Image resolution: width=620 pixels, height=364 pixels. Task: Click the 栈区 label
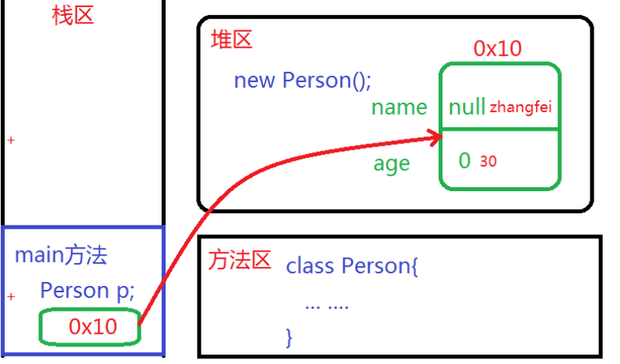(x=72, y=15)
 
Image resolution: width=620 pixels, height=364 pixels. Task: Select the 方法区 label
(x=240, y=260)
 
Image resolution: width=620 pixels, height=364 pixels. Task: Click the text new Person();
(x=302, y=80)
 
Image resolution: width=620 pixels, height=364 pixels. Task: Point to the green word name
(x=399, y=108)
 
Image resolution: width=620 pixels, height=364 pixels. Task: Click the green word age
(x=392, y=163)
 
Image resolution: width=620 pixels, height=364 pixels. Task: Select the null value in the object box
(x=466, y=108)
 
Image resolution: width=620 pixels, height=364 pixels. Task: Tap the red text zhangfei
(x=521, y=107)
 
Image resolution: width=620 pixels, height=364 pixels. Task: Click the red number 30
(x=488, y=162)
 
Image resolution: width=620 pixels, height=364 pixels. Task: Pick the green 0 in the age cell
(x=465, y=161)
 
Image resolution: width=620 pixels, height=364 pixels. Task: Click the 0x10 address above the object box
(x=497, y=49)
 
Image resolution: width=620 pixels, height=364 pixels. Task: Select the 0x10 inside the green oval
(x=92, y=327)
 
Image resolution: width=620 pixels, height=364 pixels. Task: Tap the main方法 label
(x=60, y=256)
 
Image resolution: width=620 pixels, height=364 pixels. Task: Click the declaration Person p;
(x=87, y=291)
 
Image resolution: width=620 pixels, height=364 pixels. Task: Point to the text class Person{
(x=352, y=265)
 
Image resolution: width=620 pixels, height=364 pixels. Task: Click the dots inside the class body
(x=326, y=305)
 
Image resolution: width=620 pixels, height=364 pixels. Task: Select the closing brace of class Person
(x=289, y=337)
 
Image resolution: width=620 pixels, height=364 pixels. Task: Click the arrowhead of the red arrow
(x=436, y=139)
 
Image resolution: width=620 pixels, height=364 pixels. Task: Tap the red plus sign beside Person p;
(x=11, y=297)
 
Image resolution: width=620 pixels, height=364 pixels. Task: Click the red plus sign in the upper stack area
(x=11, y=140)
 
